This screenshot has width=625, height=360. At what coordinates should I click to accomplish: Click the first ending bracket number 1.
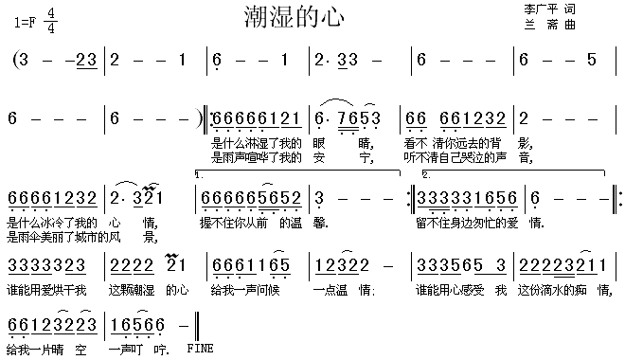(197, 176)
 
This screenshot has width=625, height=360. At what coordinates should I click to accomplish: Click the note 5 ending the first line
(592, 60)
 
